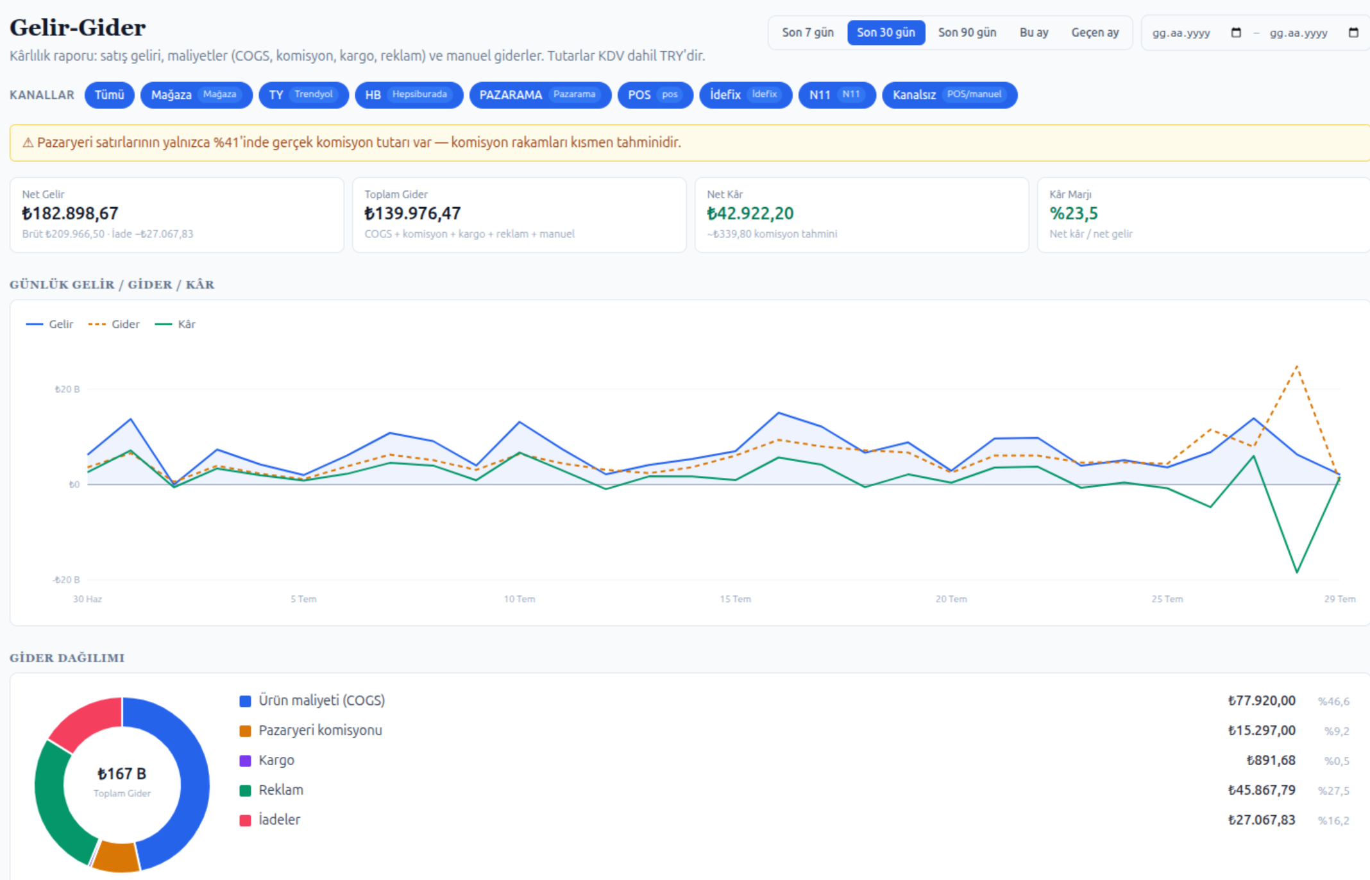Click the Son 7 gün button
[808, 33]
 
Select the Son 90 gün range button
[967, 33]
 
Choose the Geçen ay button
[1095, 33]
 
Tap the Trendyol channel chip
[303, 95]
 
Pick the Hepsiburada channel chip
[409, 95]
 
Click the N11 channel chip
[837, 95]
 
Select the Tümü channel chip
[109, 95]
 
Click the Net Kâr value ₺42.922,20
[750, 214]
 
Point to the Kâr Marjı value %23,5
[1074, 214]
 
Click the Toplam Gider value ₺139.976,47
[412, 214]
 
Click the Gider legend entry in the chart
[114, 325]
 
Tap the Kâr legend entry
[175, 325]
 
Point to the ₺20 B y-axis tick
[67, 389]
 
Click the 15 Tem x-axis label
[735, 599]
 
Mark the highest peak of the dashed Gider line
[1297, 366]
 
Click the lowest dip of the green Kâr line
[1297, 571]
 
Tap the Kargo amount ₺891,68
[1271, 761]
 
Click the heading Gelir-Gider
[78, 28]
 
